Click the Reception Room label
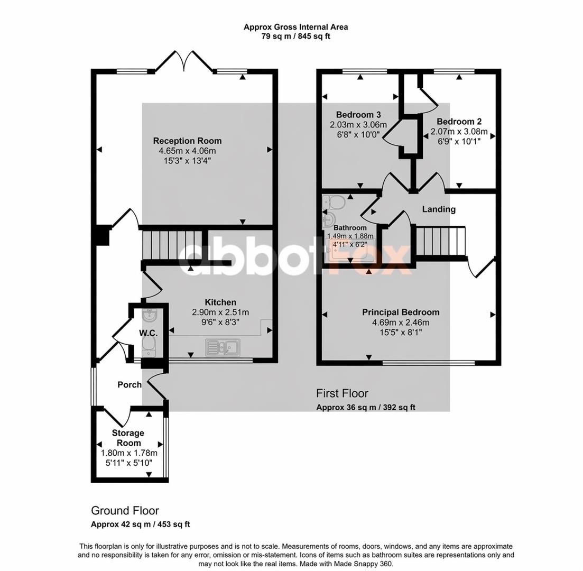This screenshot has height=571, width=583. point(188,141)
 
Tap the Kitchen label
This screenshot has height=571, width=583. point(220,302)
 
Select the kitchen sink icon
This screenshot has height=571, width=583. point(223,347)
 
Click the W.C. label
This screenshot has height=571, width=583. point(149,333)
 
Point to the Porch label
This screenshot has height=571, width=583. point(129,385)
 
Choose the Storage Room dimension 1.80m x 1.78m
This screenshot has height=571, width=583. point(129,453)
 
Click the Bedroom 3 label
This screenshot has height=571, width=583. point(358,115)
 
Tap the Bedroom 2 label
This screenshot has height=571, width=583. point(459,121)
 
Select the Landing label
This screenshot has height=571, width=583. point(439,209)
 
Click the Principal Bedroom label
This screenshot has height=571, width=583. point(401,312)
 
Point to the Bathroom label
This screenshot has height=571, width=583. point(350,228)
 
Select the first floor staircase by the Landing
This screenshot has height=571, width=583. point(440,241)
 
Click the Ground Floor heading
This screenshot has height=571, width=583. point(125,510)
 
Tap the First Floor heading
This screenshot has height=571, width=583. point(342,393)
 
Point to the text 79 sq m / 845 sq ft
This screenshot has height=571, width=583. point(296,36)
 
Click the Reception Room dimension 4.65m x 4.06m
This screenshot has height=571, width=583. point(188,151)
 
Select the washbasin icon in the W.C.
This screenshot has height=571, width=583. point(150,316)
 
